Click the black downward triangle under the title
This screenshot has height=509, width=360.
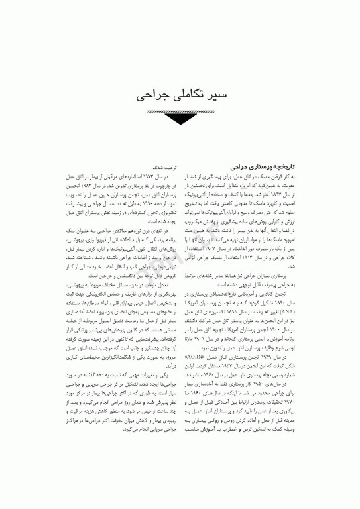click(x=179, y=120)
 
